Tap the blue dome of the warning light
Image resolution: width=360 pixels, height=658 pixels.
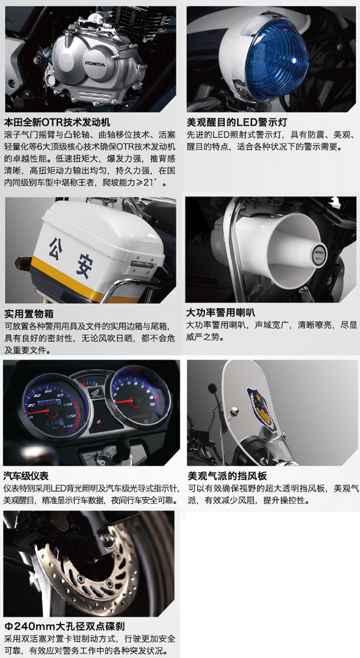[277, 59]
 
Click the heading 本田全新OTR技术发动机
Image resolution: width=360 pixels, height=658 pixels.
[57, 122]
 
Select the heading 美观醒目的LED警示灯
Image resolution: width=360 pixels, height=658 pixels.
[237, 122]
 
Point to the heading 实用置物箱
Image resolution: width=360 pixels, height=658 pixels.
[29, 314]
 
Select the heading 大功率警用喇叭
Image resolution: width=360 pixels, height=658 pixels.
[221, 313]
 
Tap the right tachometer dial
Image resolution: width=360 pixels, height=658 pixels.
[140, 397]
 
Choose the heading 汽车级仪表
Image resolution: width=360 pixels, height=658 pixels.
[26, 475]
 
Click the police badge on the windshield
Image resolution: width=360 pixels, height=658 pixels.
[261, 410]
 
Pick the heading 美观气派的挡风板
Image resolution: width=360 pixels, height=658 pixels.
[227, 475]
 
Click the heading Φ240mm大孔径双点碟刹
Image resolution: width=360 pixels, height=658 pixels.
[65, 626]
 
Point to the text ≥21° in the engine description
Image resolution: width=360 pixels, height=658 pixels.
[154, 183]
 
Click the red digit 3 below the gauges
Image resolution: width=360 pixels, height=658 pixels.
[98, 421]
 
